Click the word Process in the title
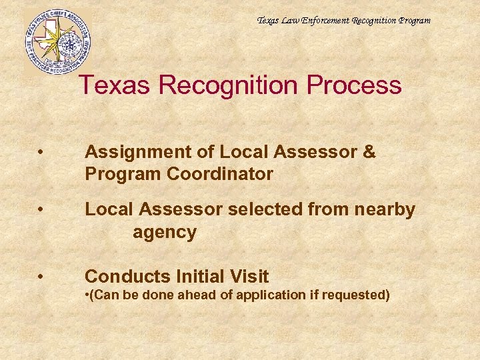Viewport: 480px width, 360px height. pos(357,85)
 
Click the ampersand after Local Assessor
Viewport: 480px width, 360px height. pos(369,152)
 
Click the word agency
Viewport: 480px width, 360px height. pos(164,233)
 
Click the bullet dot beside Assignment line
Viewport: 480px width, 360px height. pos(42,153)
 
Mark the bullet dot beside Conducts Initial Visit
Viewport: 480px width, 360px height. pos(42,277)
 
